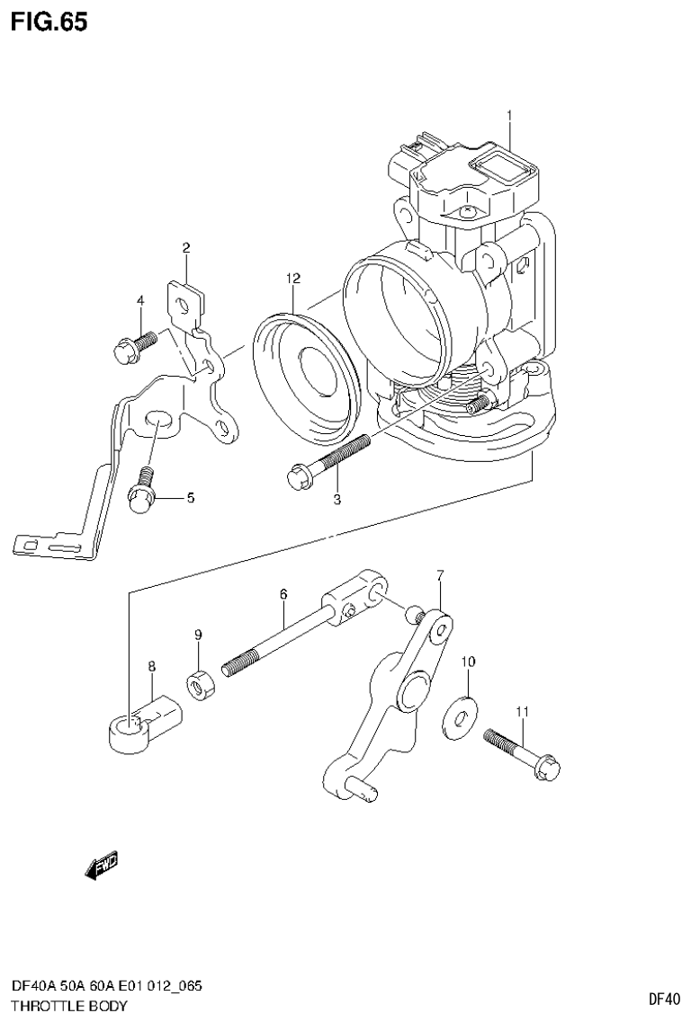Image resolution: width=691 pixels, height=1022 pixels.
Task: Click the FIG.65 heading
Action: point(49,22)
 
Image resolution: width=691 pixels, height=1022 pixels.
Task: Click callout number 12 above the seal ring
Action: point(292,279)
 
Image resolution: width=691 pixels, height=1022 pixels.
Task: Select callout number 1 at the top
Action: point(509,115)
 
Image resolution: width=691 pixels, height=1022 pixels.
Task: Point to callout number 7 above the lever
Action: point(441,574)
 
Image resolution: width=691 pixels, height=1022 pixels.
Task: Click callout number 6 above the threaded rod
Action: point(283,594)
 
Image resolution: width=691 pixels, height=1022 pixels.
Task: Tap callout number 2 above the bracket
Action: point(185,248)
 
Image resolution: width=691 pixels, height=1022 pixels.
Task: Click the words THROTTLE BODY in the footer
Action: point(69,1005)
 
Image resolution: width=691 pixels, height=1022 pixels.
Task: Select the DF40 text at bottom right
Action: point(664,998)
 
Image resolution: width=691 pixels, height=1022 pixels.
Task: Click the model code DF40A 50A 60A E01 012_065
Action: point(106,986)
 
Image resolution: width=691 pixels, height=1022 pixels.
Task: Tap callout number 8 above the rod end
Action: point(151,666)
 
